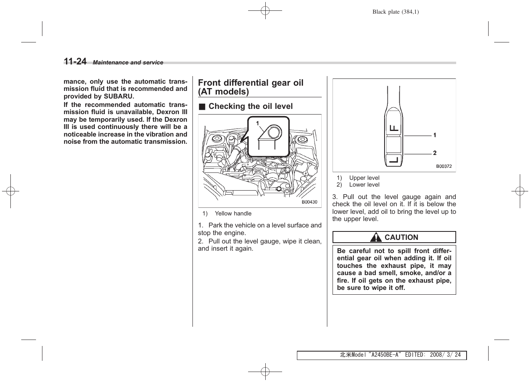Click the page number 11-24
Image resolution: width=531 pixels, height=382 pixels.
75,61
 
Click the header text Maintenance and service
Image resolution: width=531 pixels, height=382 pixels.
128,62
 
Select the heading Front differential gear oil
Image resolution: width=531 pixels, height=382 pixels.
250,83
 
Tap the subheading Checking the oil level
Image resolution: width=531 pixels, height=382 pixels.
250,107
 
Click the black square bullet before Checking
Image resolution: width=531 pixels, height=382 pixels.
202,107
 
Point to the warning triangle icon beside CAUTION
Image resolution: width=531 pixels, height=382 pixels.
375,237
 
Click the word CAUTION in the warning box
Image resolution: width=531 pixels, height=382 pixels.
401,237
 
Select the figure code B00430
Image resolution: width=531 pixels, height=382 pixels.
309,202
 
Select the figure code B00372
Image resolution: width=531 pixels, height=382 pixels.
444,166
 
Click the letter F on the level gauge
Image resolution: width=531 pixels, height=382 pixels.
394,128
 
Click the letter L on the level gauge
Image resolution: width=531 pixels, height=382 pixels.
394,160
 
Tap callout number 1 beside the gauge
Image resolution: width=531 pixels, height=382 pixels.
435,135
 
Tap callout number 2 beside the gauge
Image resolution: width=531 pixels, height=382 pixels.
435,153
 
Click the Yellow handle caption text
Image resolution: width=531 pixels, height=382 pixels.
233,214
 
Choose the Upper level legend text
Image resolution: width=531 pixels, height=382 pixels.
364,178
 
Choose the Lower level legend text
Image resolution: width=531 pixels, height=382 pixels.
364,185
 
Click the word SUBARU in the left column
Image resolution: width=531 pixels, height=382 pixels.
119,96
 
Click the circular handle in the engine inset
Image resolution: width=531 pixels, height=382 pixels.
274,132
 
